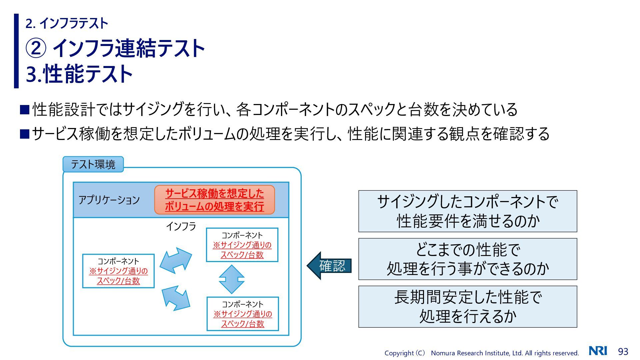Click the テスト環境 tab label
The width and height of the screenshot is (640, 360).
coord(93,164)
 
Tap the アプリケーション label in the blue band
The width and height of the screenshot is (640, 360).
coord(109,200)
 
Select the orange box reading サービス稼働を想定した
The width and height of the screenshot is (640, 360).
coord(214,200)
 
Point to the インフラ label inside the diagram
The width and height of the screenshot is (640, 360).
coord(181,226)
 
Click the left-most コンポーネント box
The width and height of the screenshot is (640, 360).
coord(118,271)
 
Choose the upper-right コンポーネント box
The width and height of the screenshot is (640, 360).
coord(242,245)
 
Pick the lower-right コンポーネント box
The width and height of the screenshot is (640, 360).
coord(243,314)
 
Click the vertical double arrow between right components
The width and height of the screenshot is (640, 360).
coord(232,279)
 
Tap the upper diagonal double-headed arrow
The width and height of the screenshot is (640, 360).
coord(176,260)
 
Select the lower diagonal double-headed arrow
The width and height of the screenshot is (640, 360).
coord(176,298)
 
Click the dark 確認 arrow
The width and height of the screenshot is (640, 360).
coord(329,266)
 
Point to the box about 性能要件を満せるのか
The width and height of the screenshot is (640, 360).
coord(468,211)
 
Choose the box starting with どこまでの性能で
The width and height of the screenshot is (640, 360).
coord(468,259)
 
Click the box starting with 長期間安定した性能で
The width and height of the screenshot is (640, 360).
coord(468,307)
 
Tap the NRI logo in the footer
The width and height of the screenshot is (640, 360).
coord(598,351)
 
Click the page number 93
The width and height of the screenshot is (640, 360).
coord(623,352)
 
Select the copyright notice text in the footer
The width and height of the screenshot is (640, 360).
coord(481,353)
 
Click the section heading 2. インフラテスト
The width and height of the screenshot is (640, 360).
coord(67,23)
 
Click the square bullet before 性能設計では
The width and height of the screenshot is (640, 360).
coord(25,110)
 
